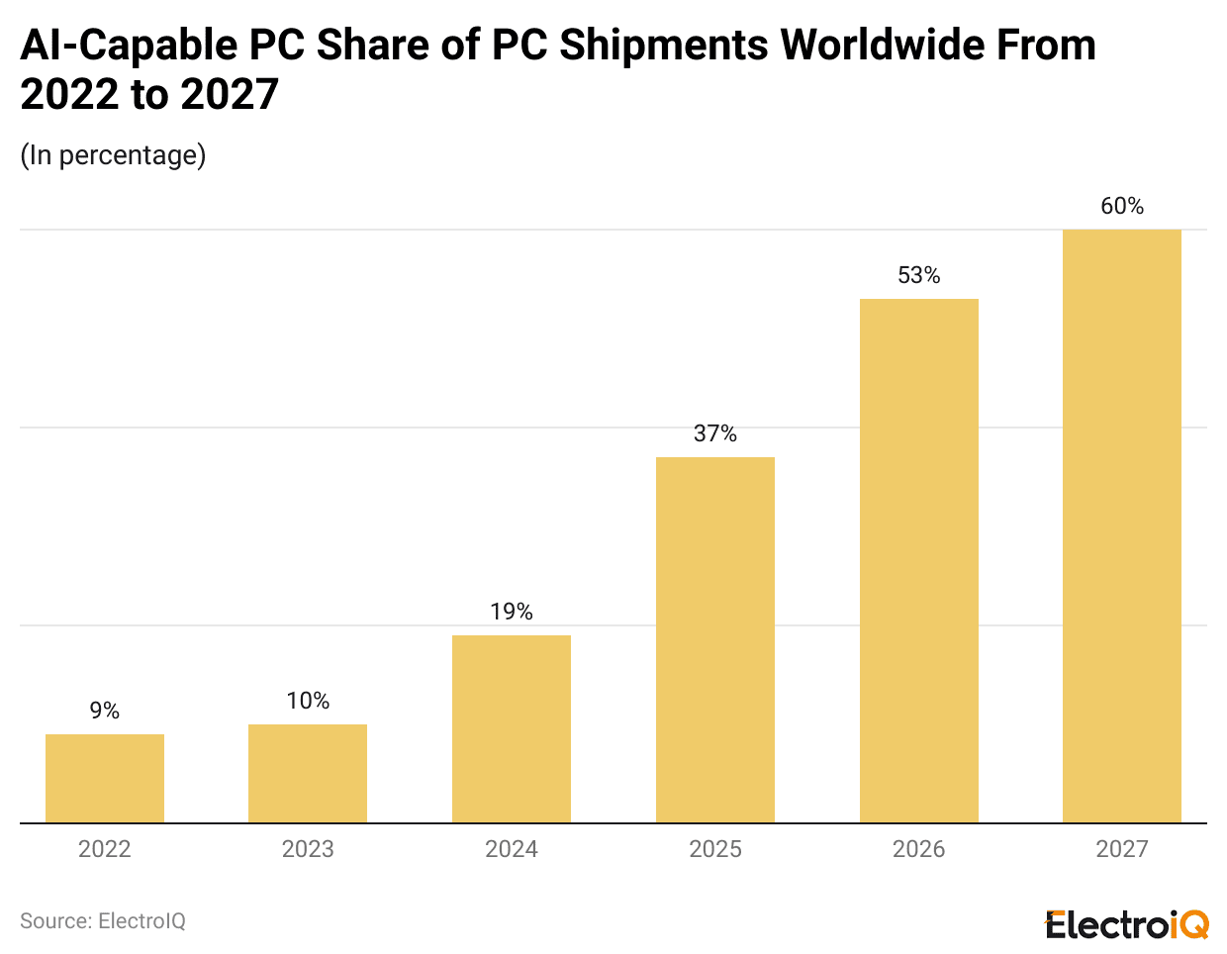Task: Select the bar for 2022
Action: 105,778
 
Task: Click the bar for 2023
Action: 308,773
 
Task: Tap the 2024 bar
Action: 512,728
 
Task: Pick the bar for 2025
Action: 715,639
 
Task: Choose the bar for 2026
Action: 918,560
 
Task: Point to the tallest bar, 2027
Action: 1122,525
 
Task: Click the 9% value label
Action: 105,711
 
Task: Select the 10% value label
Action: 308,701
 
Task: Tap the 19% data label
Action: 512,612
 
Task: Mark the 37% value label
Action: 715,433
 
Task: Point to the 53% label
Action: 918,275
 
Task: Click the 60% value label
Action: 1122,206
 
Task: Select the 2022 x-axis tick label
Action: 105,849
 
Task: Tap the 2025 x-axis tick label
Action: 715,849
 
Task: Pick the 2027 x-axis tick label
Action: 1122,849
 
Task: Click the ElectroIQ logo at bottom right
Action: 1127,924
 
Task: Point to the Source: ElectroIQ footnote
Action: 103,921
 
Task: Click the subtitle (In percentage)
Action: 113,155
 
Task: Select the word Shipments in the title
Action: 663,46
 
